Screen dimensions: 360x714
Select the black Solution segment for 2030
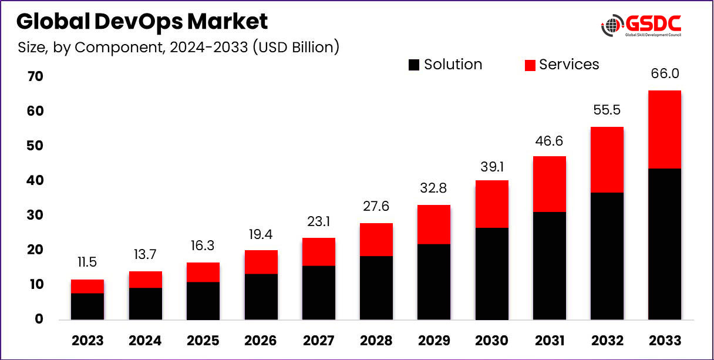point(491,274)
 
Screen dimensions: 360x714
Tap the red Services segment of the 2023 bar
point(87,286)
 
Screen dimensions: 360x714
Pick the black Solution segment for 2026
point(261,297)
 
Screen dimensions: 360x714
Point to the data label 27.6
point(376,206)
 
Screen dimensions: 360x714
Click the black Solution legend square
point(414,65)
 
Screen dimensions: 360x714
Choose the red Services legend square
point(530,65)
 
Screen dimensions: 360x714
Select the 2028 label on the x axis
point(376,341)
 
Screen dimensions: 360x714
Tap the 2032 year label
point(607,341)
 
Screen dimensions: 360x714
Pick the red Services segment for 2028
point(376,240)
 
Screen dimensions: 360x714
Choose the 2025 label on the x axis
point(203,341)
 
